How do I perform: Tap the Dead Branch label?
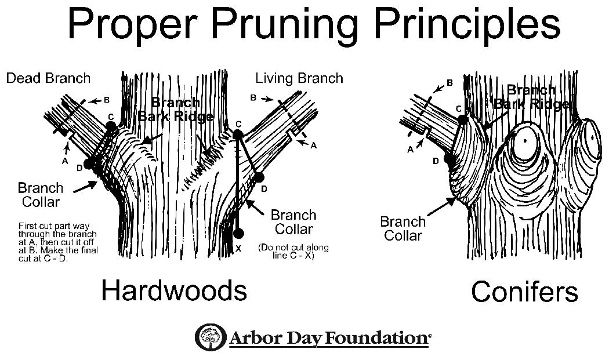pos(48,78)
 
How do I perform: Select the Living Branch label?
pos(299,78)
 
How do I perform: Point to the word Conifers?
pos(524,291)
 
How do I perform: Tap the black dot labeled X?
pos(237,234)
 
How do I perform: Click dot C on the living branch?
pos(238,134)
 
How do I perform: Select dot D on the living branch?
pos(259,177)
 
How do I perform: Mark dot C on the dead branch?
pos(111,126)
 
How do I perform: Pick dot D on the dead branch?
pos(88,164)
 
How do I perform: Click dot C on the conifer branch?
pos(462,120)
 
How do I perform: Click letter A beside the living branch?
pos(314,146)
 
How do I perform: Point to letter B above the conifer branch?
pos(449,83)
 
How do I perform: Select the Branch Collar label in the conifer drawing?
pos(403,228)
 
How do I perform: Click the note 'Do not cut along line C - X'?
pos(293,251)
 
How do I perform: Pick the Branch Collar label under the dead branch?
pos(40,195)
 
